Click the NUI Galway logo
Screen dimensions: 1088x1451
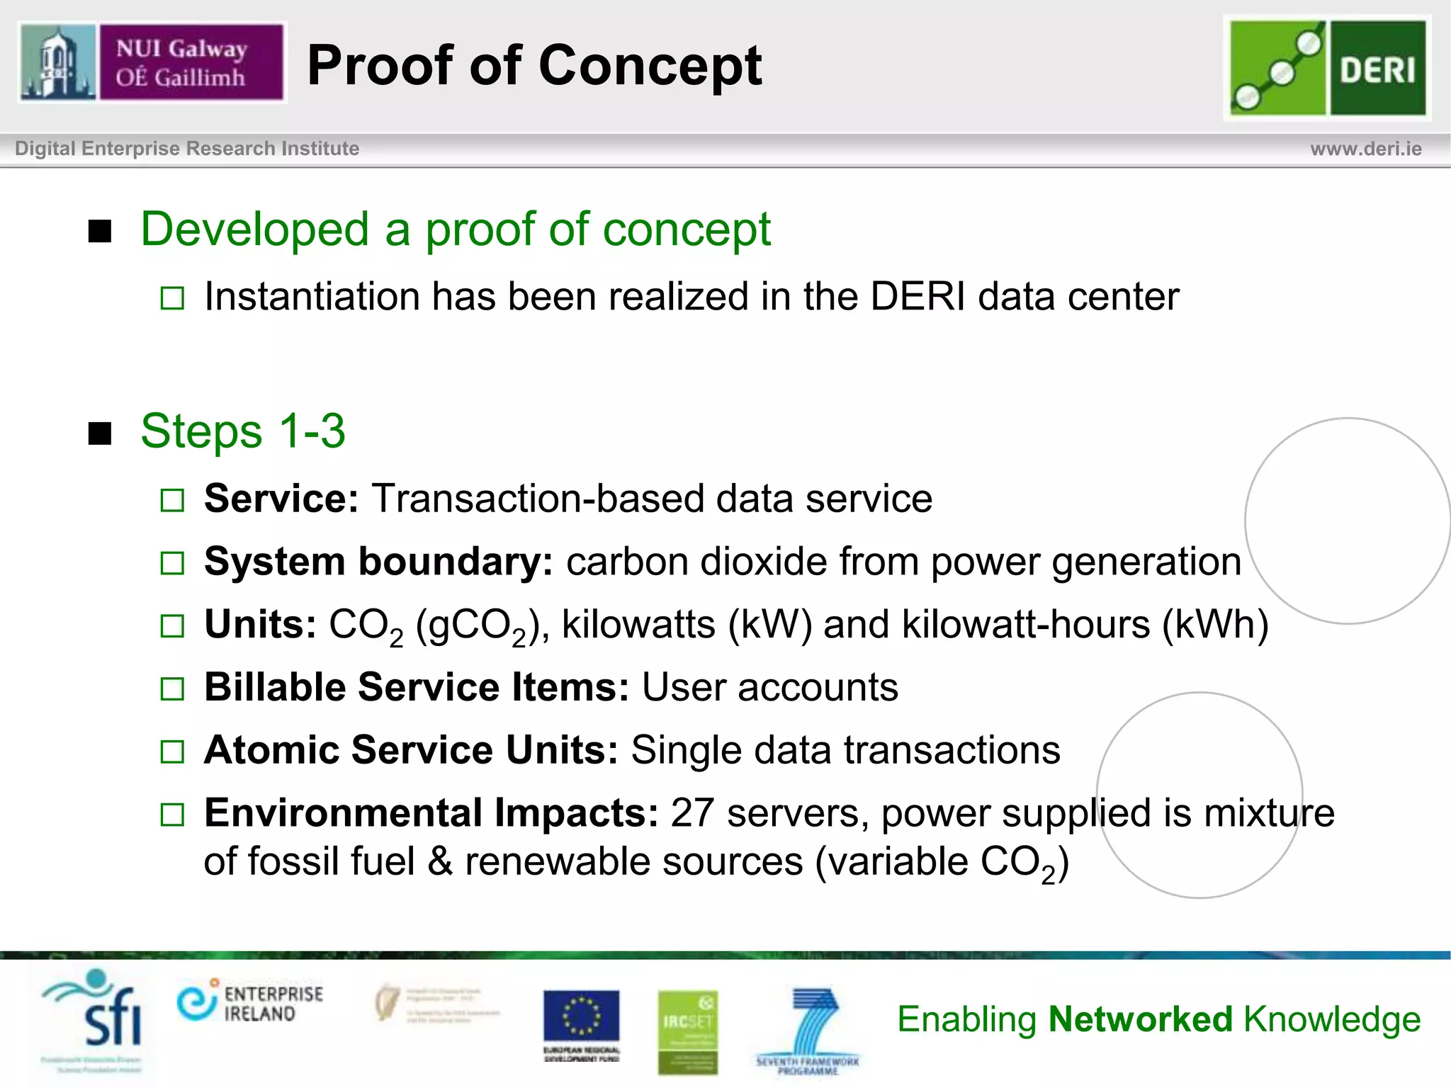pyautogui.click(x=152, y=62)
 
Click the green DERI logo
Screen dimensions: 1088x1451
pyautogui.click(x=1327, y=68)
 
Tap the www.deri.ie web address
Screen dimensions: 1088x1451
pyautogui.click(x=1365, y=149)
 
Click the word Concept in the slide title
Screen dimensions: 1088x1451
pyautogui.click(x=650, y=65)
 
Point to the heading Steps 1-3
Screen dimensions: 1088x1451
pyautogui.click(x=242, y=431)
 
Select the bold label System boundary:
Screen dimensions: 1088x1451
pyautogui.click(x=378, y=562)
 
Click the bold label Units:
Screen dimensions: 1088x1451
pyautogui.click(x=260, y=625)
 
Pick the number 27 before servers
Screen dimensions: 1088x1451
pyautogui.click(x=692, y=812)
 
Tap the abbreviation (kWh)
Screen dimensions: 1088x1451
pyautogui.click(x=1215, y=625)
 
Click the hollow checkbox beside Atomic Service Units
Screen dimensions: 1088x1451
pyautogui.click(x=172, y=752)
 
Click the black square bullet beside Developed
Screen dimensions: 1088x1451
pyautogui.click(x=100, y=231)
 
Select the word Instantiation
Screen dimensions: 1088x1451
pyautogui.click(x=311, y=296)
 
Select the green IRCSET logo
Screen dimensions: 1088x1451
pyautogui.click(x=687, y=1031)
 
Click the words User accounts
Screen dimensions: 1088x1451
pyautogui.click(x=769, y=688)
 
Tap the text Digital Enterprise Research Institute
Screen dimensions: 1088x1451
pyautogui.click(x=187, y=149)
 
